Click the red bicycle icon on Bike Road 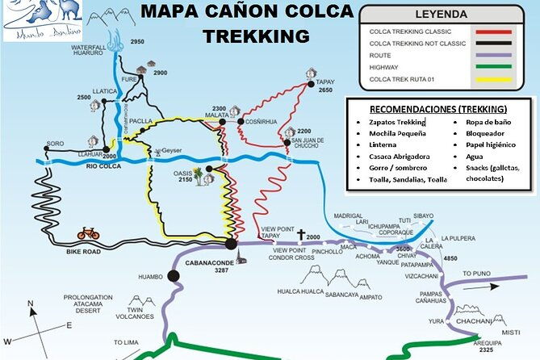(88, 233)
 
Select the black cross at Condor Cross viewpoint (301, 235)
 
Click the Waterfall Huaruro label (89, 54)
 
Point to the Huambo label (151, 276)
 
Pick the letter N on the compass (29, 303)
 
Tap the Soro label (55, 143)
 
